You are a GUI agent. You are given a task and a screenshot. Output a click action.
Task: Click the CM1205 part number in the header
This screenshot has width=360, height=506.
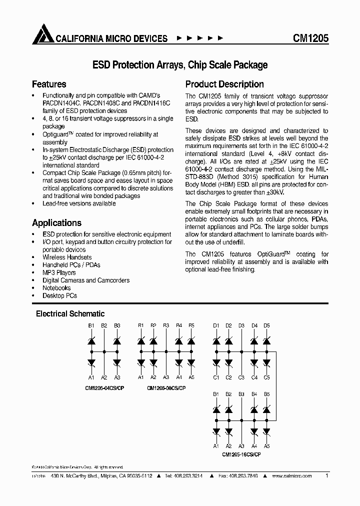[x=310, y=38]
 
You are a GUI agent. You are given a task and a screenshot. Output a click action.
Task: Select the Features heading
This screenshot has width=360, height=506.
[x=49, y=84]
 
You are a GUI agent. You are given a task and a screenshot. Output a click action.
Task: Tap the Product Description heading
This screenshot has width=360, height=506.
[x=224, y=84]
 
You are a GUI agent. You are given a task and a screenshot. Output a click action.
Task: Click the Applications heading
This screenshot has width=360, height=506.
[x=56, y=223]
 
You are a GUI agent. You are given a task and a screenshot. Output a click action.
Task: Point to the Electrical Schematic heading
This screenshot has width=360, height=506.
[x=70, y=314]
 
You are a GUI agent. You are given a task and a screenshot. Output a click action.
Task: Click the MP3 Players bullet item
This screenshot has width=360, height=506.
[x=59, y=272]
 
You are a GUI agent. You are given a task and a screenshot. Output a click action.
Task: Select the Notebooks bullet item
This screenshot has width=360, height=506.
[x=56, y=288]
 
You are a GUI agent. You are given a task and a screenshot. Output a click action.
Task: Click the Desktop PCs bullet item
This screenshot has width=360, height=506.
[x=59, y=295]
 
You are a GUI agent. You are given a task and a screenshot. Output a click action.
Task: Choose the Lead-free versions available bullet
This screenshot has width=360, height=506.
[x=79, y=203]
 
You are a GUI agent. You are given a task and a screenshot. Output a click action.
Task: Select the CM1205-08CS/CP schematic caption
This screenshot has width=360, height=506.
[x=166, y=388]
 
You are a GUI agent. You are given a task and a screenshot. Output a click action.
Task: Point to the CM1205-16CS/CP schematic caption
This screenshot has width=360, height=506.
[x=241, y=454]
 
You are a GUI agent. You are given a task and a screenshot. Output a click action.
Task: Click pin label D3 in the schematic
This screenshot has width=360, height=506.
[x=241, y=325]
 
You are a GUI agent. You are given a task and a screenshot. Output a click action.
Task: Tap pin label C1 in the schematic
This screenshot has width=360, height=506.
[x=216, y=377]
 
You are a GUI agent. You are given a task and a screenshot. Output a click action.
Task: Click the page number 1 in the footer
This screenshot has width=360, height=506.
[x=326, y=476]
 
